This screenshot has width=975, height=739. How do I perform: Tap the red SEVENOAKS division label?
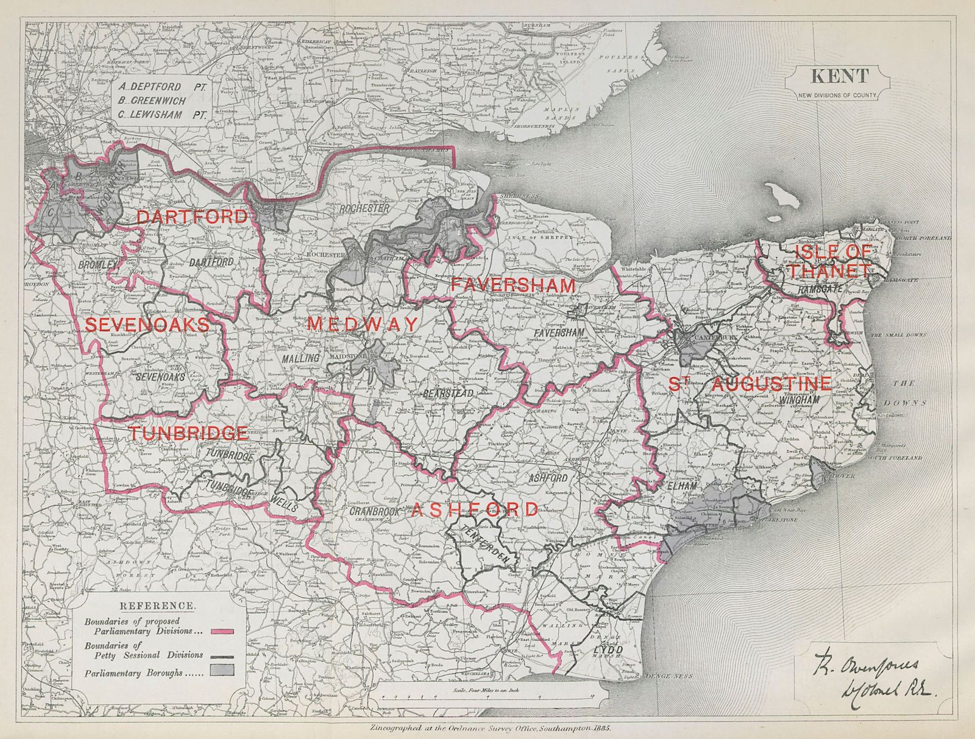click(x=147, y=324)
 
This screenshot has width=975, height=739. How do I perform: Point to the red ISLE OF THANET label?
click(x=832, y=261)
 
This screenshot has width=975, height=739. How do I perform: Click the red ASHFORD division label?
click(x=475, y=509)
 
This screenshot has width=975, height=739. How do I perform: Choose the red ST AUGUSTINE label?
click(x=750, y=384)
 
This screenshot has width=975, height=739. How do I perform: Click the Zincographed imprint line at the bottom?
click(x=491, y=728)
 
